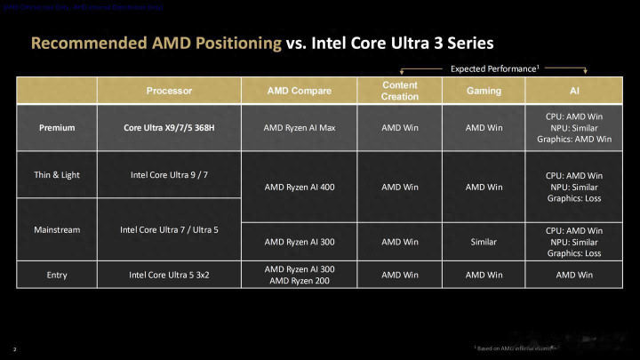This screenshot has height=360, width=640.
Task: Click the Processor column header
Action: pos(169,91)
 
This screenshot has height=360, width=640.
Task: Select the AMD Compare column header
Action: pos(298,91)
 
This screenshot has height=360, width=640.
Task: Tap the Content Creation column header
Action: pos(399,91)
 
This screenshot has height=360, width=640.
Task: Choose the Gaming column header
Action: pos(484,91)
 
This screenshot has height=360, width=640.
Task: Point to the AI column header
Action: pos(573,91)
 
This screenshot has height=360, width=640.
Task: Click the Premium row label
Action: pos(57,127)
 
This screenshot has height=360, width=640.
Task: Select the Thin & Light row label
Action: pos(57,174)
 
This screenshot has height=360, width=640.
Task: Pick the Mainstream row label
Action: pos(57,229)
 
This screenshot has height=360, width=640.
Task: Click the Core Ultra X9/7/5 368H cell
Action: pos(169,127)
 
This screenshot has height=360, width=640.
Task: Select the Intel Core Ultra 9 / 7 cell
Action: pos(169,174)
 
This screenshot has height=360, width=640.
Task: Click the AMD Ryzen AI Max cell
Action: pos(298,127)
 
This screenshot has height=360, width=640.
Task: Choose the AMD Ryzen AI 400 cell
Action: pos(298,187)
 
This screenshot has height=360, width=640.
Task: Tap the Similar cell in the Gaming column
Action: pos(484,241)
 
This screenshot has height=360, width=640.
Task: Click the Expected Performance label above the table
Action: pos(494,68)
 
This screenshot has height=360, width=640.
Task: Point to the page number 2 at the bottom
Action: pos(15,348)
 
